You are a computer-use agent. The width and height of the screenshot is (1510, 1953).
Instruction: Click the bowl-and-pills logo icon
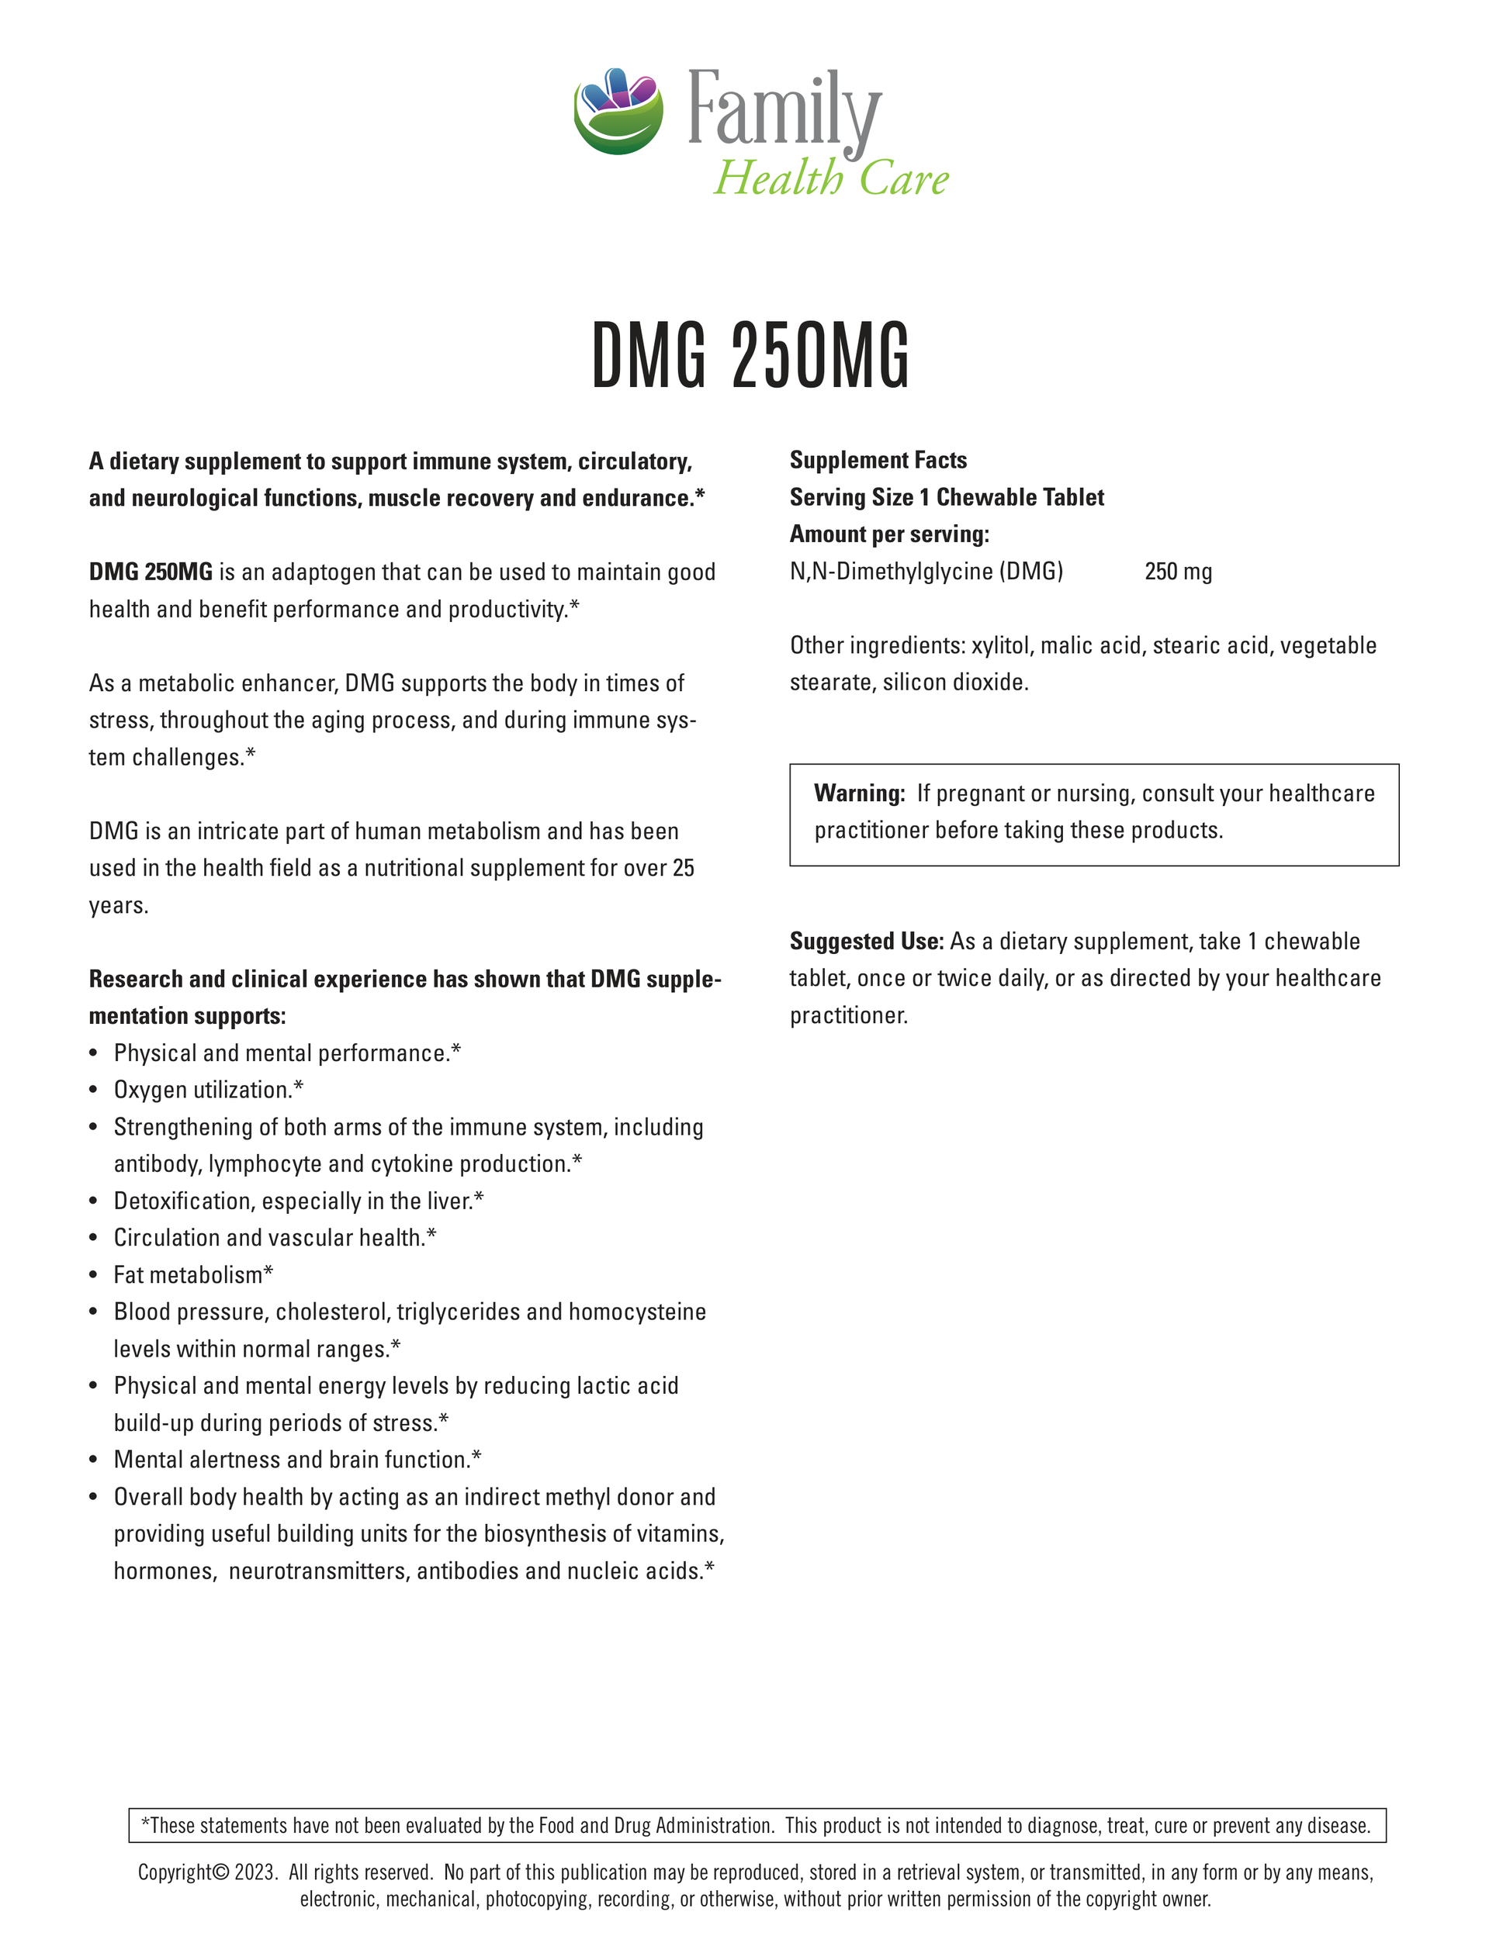tap(618, 110)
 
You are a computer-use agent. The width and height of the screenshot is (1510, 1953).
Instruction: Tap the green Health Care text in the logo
tap(830, 178)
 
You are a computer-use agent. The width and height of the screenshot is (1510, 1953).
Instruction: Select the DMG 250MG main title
tap(750, 357)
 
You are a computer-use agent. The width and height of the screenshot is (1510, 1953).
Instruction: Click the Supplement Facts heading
tap(878, 461)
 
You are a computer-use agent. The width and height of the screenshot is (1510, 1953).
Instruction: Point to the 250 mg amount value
tap(1178, 572)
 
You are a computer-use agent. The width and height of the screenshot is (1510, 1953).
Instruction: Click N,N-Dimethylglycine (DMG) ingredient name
tap(926, 572)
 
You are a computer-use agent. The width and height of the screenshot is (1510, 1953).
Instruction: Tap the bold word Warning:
tap(859, 793)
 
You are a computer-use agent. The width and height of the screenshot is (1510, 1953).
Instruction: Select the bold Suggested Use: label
tap(866, 942)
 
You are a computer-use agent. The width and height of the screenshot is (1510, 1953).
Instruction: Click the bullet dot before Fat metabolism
tap(94, 1276)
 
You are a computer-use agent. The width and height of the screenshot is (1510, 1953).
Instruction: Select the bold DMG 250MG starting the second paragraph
tap(151, 572)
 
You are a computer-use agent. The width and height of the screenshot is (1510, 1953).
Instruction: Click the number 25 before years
tap(683, 868)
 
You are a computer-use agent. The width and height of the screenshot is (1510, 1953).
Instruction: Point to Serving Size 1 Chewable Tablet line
tap(947, 498)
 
